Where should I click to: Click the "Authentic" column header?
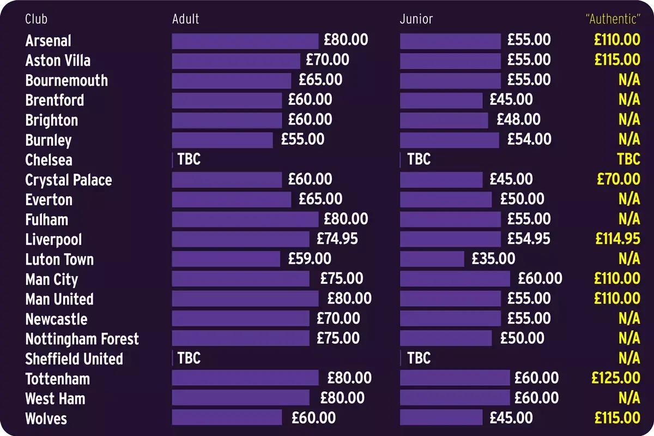612,19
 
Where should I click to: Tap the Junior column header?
416,19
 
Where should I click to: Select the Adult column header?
185,19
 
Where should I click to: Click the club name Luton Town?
59,259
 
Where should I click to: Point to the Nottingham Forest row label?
82,339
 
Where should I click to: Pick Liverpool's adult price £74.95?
337,239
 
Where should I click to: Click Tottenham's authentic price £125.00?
616,378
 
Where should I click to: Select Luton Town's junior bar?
432,259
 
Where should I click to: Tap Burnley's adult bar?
222,140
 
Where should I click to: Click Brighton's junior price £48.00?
518,120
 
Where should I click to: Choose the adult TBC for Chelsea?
189,159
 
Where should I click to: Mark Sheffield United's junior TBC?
419,358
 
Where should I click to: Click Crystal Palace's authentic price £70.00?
619,179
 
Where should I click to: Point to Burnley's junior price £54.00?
529,139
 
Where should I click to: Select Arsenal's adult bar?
245,41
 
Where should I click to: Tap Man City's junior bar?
455,279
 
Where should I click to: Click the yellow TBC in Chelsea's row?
628,159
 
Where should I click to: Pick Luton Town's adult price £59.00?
310,259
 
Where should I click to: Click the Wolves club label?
46,419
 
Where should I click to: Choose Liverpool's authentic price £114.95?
617,239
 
